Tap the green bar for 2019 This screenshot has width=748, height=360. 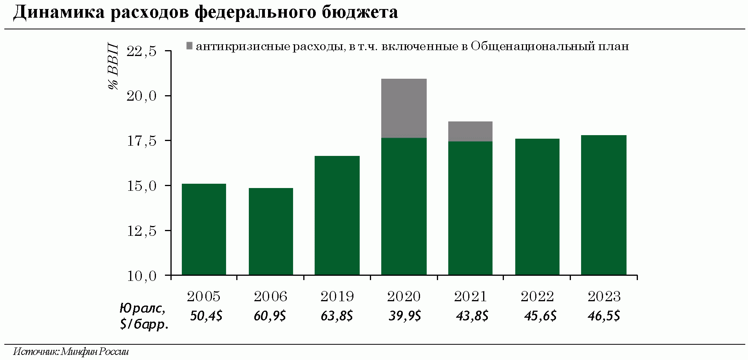point(337,215)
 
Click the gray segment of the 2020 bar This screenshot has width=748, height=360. point(404,108)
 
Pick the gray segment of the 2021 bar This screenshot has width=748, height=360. point(470,131)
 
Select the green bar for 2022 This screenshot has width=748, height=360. point(537,207)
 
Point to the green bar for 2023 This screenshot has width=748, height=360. point(604,205)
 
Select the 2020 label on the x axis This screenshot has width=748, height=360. point(404,297)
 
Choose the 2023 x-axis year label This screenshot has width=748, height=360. point(604,297)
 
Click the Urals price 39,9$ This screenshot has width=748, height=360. point(405,316)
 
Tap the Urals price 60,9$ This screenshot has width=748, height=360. point(270,316)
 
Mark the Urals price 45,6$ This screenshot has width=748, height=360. point(540,316)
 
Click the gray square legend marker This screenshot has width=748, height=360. point(189,46)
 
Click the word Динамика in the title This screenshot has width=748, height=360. point(59,13)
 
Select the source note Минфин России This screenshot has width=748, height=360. point(95,351)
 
